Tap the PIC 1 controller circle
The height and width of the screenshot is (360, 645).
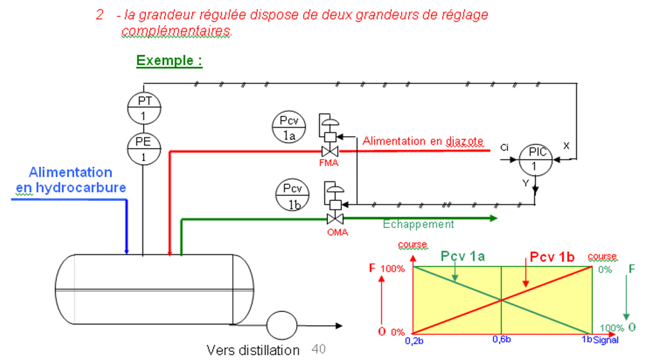click(x=534, y=160)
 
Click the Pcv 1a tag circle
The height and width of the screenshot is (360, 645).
click(x=288, y=128)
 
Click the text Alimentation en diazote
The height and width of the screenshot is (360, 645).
click(x=423, y=141)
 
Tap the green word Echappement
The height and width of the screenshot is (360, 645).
click(x=418, y=224)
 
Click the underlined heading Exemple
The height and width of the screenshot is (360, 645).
click(x=169, y=60)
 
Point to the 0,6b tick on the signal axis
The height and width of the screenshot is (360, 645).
click(x=501, y=340)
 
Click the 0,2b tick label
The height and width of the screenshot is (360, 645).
click(x=415, y=340)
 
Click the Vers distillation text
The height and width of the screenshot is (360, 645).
click(x=253, y=350)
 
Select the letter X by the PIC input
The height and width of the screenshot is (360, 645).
click(x=566, y=147)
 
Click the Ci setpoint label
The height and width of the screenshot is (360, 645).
click(x=505, y=147)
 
